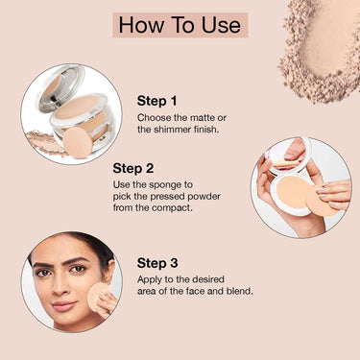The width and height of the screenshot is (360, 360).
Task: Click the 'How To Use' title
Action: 180,25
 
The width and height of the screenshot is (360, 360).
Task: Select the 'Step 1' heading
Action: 156,101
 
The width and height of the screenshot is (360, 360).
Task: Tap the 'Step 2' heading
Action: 133,168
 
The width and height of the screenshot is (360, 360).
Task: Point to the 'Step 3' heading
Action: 157,263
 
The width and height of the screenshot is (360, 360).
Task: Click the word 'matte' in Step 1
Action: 203,118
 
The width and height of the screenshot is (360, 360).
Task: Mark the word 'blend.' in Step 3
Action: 240,291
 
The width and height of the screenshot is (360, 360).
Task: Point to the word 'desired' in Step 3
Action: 208,279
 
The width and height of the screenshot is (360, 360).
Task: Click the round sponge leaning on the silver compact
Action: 78,142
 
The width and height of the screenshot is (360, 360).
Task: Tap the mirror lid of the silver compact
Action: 60,85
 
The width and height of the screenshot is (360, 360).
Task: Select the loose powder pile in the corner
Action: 321,51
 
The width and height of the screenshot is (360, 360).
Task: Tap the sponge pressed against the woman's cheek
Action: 97,297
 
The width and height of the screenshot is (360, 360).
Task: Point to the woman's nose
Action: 60,286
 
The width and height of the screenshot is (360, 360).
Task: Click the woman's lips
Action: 63,306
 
